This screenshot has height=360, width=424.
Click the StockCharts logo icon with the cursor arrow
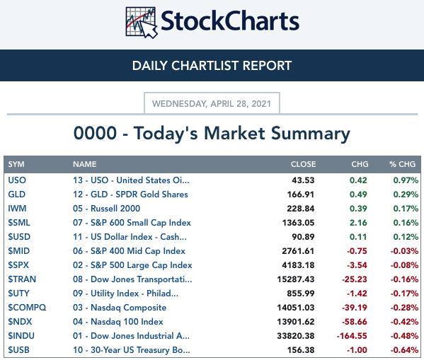coord(141,23)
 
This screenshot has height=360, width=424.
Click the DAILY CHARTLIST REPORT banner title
coord(212,66)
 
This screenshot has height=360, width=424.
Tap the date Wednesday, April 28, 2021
coord(212,104)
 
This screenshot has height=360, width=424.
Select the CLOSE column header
coord(303,164)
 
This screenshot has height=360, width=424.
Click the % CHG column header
coord(402,164)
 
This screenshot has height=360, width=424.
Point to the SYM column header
coord(16,164)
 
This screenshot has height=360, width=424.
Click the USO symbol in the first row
coord(17,180)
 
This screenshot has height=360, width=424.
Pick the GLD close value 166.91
coord(301,194)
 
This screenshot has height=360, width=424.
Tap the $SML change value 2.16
coord(358,223)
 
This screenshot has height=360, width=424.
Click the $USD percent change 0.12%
coord(406,237)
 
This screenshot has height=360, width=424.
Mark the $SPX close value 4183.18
coord(298,265)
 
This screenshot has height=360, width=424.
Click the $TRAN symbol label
coord(22,279)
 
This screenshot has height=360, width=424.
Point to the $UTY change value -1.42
coord(357,294)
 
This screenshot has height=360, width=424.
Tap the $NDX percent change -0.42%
coord(404,322)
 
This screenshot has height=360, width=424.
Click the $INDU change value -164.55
coord(352,336)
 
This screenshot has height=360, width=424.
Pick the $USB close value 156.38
coord(301,350)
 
